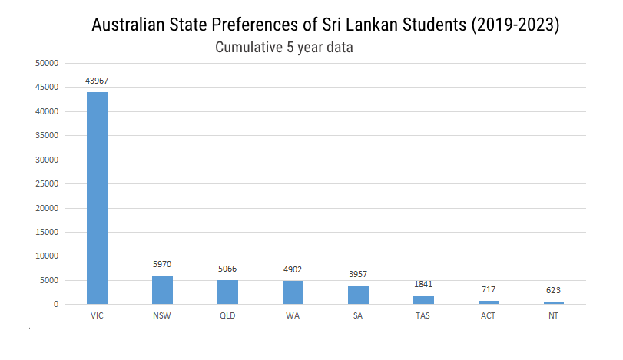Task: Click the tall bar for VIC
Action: pyautogui.click(x=97, y=198)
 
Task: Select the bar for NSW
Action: pyautogui.click(x=162, y=290)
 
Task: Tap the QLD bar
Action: pyautogui.click(x=227, y=292)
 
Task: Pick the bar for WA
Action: pyautogui.click(x=293, y=292)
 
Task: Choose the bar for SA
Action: pyautogui.click(x=358, y=295)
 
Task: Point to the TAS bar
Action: pyautogui.click(x=423, y=299)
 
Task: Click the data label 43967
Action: pyautogui.click(x=97, y=81)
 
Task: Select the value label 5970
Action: pyautogui.click(x=162, y=264)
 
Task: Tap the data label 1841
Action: pyautogui.click(x=423, y=284)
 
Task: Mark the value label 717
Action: pyautogui.click(x=489, y=289)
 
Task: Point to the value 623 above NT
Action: pyautogui.click(x=554, y=290)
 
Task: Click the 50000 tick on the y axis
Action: pyautogui.click(x=48, y=64)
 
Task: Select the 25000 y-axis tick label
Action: pyautogui.click(x=48, y=183)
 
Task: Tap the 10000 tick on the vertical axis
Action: pyautogui.click(x=48, y=256)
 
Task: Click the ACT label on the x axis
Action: pyautogui.click(x=489, y=315)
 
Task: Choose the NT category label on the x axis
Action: pyautogui.click(x=554, y=315)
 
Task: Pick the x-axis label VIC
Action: pyautogui.click(x=97, y=315)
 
